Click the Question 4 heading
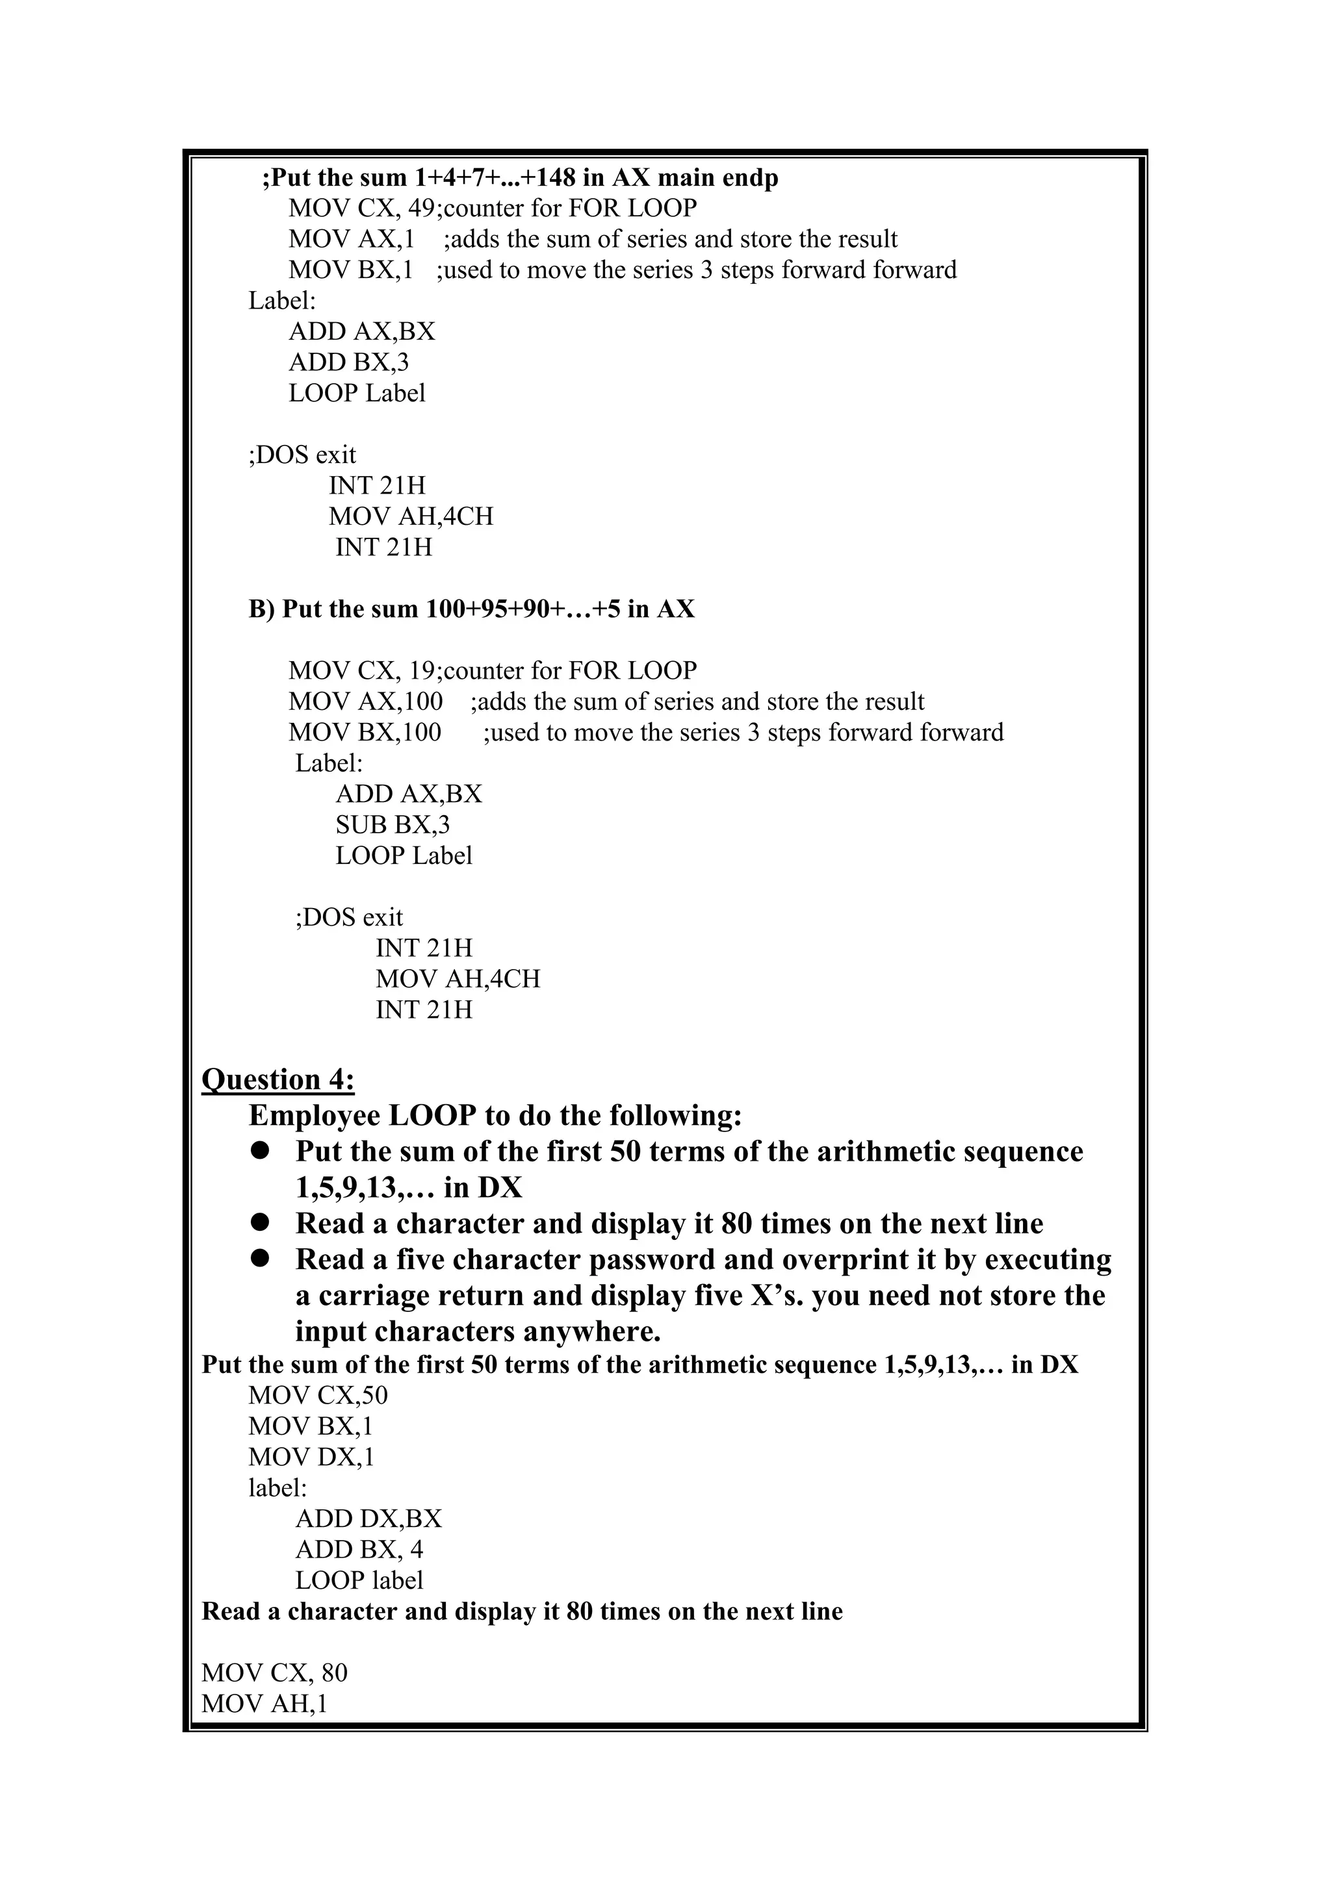[x=278, y=1079]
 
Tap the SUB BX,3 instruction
[x=392, y=824]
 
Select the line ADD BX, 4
[x=359, y=1549]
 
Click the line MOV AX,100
[x=365, y=701]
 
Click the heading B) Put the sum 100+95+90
[x=471, y=609]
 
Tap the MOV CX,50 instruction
[x=318, y=1395]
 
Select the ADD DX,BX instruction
[x=368, y=1518]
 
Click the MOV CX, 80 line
[x=274, y=1672]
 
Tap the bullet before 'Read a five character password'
[x=261, y=1258]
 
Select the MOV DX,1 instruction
[x=311, y=1457]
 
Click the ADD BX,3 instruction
[x=348, y=362]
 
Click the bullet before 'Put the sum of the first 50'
[x=261, y=1151]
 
